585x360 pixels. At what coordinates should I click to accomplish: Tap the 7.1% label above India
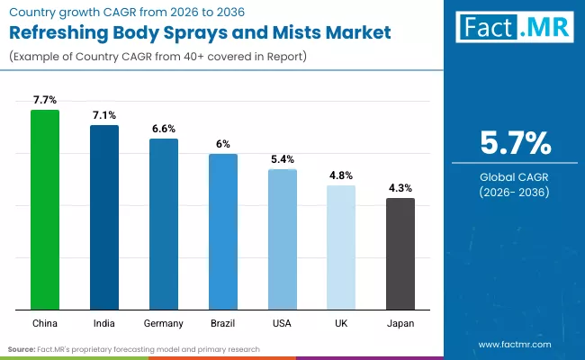pyautogui.click(x=104, y=115)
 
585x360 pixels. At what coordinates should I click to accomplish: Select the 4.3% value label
pyautogui.click(x=400, y=188)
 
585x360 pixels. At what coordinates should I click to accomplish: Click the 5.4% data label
pyautogui.click(x=283, y=159)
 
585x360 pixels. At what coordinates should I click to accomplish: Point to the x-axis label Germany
pyautogui.click(x=164, y=323)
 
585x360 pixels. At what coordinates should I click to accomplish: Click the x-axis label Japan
pyautogui.click(x=400, y=323)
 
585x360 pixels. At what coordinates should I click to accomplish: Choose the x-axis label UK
pyautogui.click(x=341, y=323)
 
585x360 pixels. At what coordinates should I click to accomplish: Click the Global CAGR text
pyautogui.click(x=514, y=176)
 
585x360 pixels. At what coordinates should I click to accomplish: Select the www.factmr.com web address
pyautogui.click(x=514, y=344)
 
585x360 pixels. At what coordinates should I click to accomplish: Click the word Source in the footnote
pyautogui.click(x=22, y=348)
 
